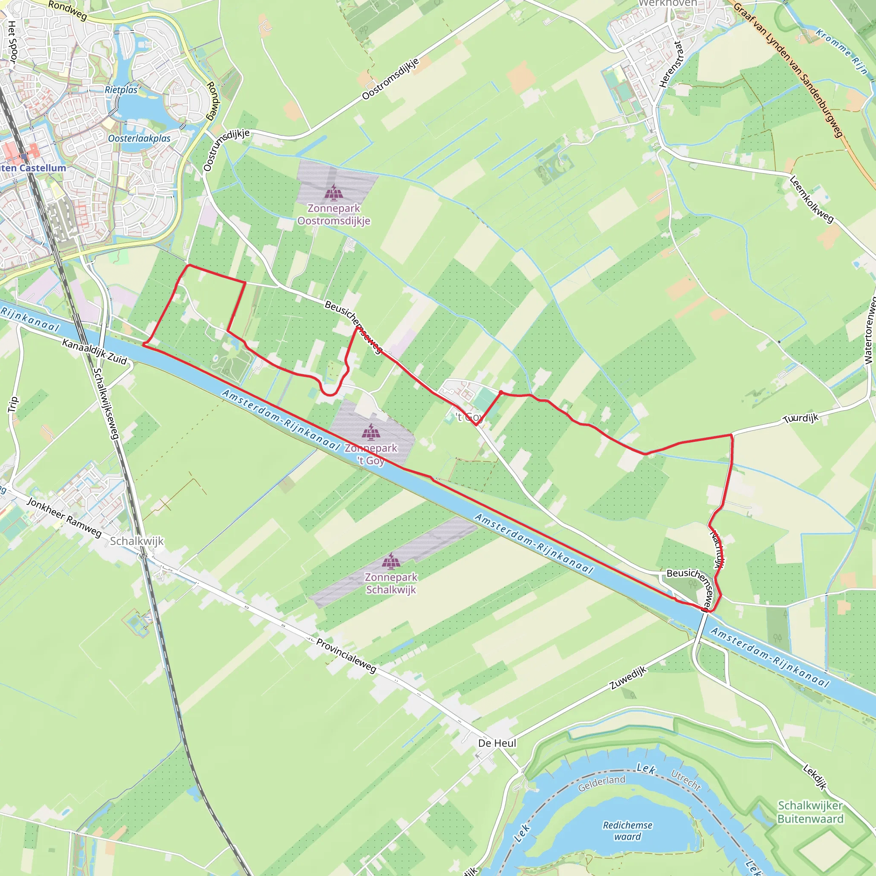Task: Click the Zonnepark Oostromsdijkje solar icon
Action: pyautogui.click(x=334, y=193)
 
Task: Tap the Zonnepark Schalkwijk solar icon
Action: pyautogui.click(x=391, y=561)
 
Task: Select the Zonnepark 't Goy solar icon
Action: pyautogui.click(x=371, y=432)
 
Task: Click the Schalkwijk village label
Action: pyautogui.click(x=137, y=541)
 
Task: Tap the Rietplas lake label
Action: pyautogui.click(x=121, y=90)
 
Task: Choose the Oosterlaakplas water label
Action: pyautogui.click(x=139, y=138)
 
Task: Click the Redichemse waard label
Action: pyautogui.click(x=627, y=831)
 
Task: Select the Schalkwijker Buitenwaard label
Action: pyautogui.click(x=811, y=812)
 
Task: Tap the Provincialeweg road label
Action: pyautogui.click(x=346, y=656)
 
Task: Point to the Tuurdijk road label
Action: pyautogui.click(x=802, y=418)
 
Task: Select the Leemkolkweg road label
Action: pyautogui.click(x=811, y=199)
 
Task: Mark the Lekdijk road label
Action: pyautogui.click(x=815, y=777)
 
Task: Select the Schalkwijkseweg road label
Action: pyautogui.click(x=106, y=403)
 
